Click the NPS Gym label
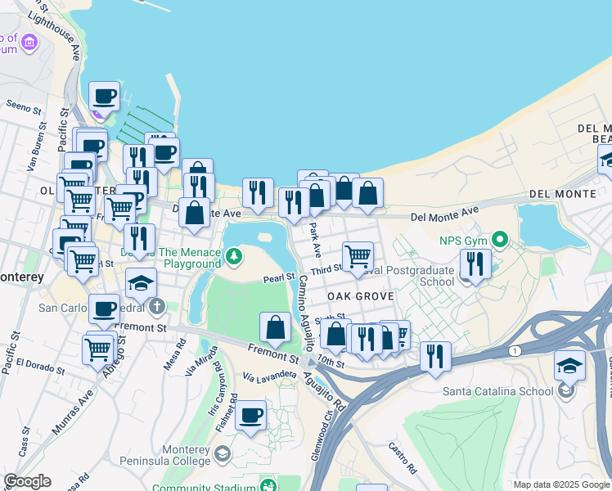[462, 240]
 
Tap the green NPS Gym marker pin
[496, 240]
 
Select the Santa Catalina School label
[497, 390]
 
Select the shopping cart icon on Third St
[358, 257]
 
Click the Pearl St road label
[278, 278]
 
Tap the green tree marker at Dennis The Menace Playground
[235, 258]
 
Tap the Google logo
[27, 481]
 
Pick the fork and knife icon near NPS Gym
[474, 264]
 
